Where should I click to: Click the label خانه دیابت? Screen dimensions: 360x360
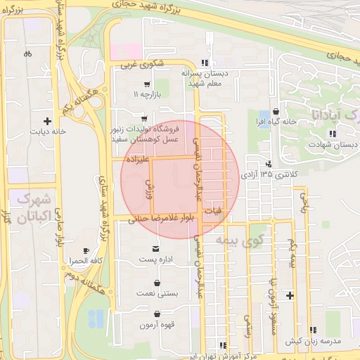click(47, 131)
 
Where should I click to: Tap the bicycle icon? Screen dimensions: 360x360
click(27, 53)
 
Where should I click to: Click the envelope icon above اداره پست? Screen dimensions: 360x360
click(155, 249)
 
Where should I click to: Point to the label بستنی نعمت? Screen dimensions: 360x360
click(157, 292)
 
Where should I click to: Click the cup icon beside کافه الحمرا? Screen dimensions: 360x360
click(86, 250)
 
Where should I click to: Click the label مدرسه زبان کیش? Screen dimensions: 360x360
click(313, 341)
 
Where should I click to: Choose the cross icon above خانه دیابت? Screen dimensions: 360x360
click(47, 120)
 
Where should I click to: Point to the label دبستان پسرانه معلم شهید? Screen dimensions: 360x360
click(205, 77)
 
